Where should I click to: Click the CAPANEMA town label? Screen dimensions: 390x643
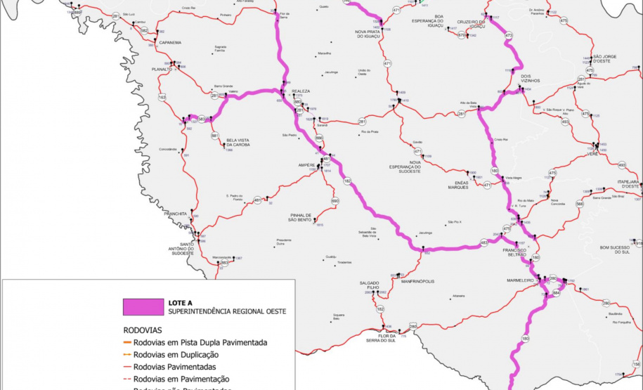coord(170,43)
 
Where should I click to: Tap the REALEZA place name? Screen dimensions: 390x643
coord(301,91)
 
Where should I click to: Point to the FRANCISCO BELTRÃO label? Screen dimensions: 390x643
coord(519,254)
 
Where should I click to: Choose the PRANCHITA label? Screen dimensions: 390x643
coord(174,214)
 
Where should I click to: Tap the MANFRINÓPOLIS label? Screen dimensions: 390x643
coord(417,281)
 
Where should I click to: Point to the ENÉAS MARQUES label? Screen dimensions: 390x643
coord(457,185)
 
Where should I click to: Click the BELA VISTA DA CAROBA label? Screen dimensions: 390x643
coord(240,142)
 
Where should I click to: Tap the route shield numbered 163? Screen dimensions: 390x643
coord(162,98)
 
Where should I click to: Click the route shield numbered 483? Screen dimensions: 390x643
coord(483,243)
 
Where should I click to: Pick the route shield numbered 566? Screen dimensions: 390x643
coord(580,204)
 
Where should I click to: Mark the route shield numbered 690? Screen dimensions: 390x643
coord(335,202)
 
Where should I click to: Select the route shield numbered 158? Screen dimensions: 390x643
coord(636,365)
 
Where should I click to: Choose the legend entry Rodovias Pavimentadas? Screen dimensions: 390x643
coord(180,366)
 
